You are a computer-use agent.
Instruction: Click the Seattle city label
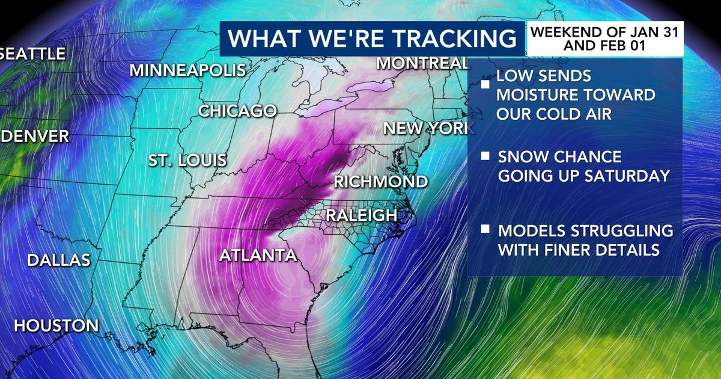coord(33,54)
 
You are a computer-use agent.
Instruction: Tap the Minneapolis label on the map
coord(187,70)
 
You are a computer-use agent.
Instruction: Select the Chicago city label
coord(237,111)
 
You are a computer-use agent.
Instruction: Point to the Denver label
coord(35,137)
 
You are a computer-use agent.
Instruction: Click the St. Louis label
coord(188,161)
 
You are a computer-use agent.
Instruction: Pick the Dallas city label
coord(59,260)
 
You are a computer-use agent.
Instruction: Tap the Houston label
coord(56,326)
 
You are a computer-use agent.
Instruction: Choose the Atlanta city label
coord(258,256)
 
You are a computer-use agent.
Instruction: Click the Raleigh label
coord(361,215)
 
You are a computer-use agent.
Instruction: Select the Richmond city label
coord(381,182)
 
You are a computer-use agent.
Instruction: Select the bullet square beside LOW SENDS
coord(484,84)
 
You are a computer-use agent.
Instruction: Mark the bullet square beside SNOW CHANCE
coord(484,157)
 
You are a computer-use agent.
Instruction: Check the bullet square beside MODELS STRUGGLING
coord(484,230)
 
